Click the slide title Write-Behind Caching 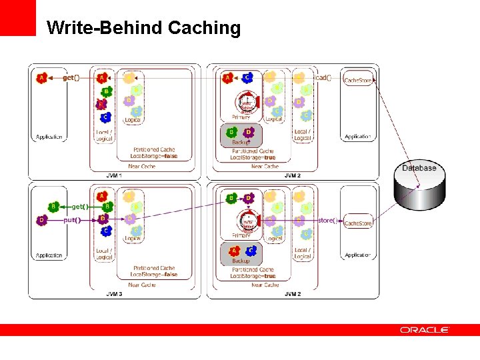point(143,28)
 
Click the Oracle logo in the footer point(425,330)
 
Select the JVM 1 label point(114,175)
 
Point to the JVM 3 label point(114,293)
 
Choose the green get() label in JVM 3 point(80,207)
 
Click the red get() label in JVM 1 point(71,78)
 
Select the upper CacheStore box point(358,80)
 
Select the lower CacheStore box point(358,223)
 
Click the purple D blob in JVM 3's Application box point(41,220)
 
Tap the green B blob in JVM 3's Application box point(53,207)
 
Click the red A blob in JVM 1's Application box point(41,78)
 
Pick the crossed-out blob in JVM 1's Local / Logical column point(101,105)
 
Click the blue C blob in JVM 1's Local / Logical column point(105,117)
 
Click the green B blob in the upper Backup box point(233,132)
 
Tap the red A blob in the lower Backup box point(233,251)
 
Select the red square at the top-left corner point(18,18)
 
